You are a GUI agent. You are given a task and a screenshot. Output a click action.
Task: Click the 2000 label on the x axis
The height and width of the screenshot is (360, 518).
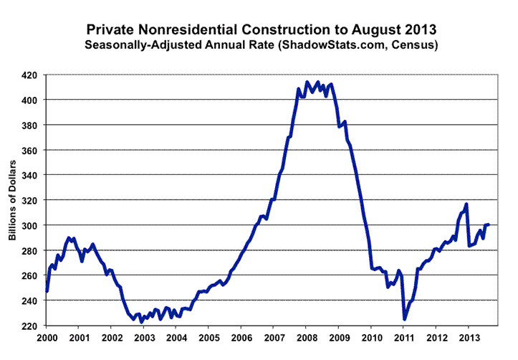click(47, 337)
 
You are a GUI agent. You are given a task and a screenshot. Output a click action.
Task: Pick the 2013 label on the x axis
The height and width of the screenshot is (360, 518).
click(469, 337)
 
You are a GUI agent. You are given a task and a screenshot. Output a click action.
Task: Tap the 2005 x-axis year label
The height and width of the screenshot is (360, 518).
click(208, 337)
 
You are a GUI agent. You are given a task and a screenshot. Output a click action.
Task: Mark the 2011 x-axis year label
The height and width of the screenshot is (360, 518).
click(403, 337)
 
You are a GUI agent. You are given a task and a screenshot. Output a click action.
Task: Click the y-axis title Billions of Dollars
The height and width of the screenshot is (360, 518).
click(12, 200)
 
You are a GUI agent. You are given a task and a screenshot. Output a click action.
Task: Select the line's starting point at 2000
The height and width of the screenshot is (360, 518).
click(47, 291)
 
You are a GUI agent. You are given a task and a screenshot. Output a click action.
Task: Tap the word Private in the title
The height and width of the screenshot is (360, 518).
click(110, 32)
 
